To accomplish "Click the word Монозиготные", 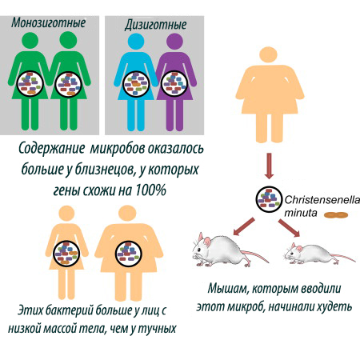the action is [49, 23].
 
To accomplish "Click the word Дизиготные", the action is [155, 25].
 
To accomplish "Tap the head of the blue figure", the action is [136, 42].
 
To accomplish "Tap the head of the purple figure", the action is [174, 42].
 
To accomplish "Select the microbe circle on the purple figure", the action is [174, 84].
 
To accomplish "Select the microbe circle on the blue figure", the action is [136, 84].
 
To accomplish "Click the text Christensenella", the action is [322, 200].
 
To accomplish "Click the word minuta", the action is [301, 213].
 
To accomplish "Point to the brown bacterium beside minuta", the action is [336, 215].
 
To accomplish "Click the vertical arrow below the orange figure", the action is [270, 166].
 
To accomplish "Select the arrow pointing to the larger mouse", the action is [244, 226].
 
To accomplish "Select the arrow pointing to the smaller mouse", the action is [289, 228].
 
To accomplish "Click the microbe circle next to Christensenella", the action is [269, 199].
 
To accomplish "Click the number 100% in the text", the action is [151, 190].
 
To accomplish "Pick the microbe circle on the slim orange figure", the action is [66, 254].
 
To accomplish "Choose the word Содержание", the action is [51, 149].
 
